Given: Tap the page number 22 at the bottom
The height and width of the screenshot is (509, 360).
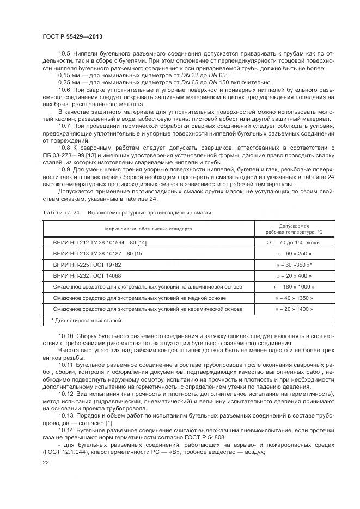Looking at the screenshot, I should pyautogui.click(x=46, y=462).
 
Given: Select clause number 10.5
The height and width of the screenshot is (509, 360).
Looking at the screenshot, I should pyautogui.click(x=65, y=54).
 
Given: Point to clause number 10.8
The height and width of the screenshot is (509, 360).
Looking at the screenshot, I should pyautogui.click(x=65, y=148).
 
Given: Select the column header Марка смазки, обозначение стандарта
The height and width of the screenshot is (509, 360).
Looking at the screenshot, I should pyautogui.click(x=149, y=229).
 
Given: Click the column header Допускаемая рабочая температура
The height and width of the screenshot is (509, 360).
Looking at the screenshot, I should pyautogui.click(x=294, y=229).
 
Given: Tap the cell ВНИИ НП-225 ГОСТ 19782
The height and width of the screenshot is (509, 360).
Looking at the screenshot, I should pyautogui.click(x=87, y=265).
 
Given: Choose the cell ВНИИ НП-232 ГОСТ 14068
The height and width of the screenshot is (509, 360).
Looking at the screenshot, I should pyautogui.click(x=87, y=275).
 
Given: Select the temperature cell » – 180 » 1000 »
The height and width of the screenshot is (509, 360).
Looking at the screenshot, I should pyautogui.click(x=294, y=286).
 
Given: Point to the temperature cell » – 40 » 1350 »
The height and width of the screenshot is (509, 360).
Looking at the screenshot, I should pyautogui.click(x=294, y=298).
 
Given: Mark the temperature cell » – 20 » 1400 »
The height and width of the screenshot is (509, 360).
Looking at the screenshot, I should pyautogui.click(x=294, y=309).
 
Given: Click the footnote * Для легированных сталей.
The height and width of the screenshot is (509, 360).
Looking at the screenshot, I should pyautogui.click(x=87, y=320).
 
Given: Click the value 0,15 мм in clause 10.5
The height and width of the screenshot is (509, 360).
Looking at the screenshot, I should pyautogui.click(x=69, y=75).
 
